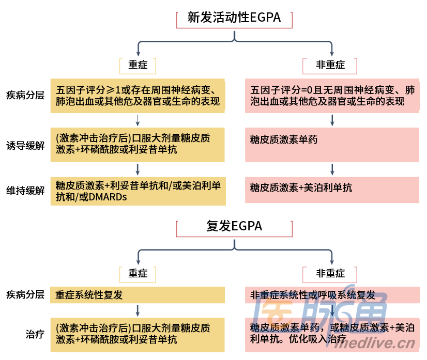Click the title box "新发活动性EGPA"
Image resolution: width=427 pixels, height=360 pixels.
(234, 18)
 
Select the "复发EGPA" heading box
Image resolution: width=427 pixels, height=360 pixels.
(234, 226)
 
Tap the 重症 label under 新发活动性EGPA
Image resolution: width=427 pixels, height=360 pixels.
(138, 65)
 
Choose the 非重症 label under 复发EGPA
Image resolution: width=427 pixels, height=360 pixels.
(331, 273)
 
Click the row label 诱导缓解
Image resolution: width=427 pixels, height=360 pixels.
(25, 146)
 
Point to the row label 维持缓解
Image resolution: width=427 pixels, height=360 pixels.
(25, 191)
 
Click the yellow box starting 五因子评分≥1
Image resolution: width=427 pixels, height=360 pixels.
(138, 96)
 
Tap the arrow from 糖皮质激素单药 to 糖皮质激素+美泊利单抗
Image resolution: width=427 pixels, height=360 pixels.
(332, 169)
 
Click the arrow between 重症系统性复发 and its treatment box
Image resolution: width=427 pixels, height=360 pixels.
(138, 310)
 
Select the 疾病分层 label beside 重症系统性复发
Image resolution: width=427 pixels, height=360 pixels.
(25, 295)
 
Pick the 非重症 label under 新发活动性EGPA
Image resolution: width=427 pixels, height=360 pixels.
(331, 65)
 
